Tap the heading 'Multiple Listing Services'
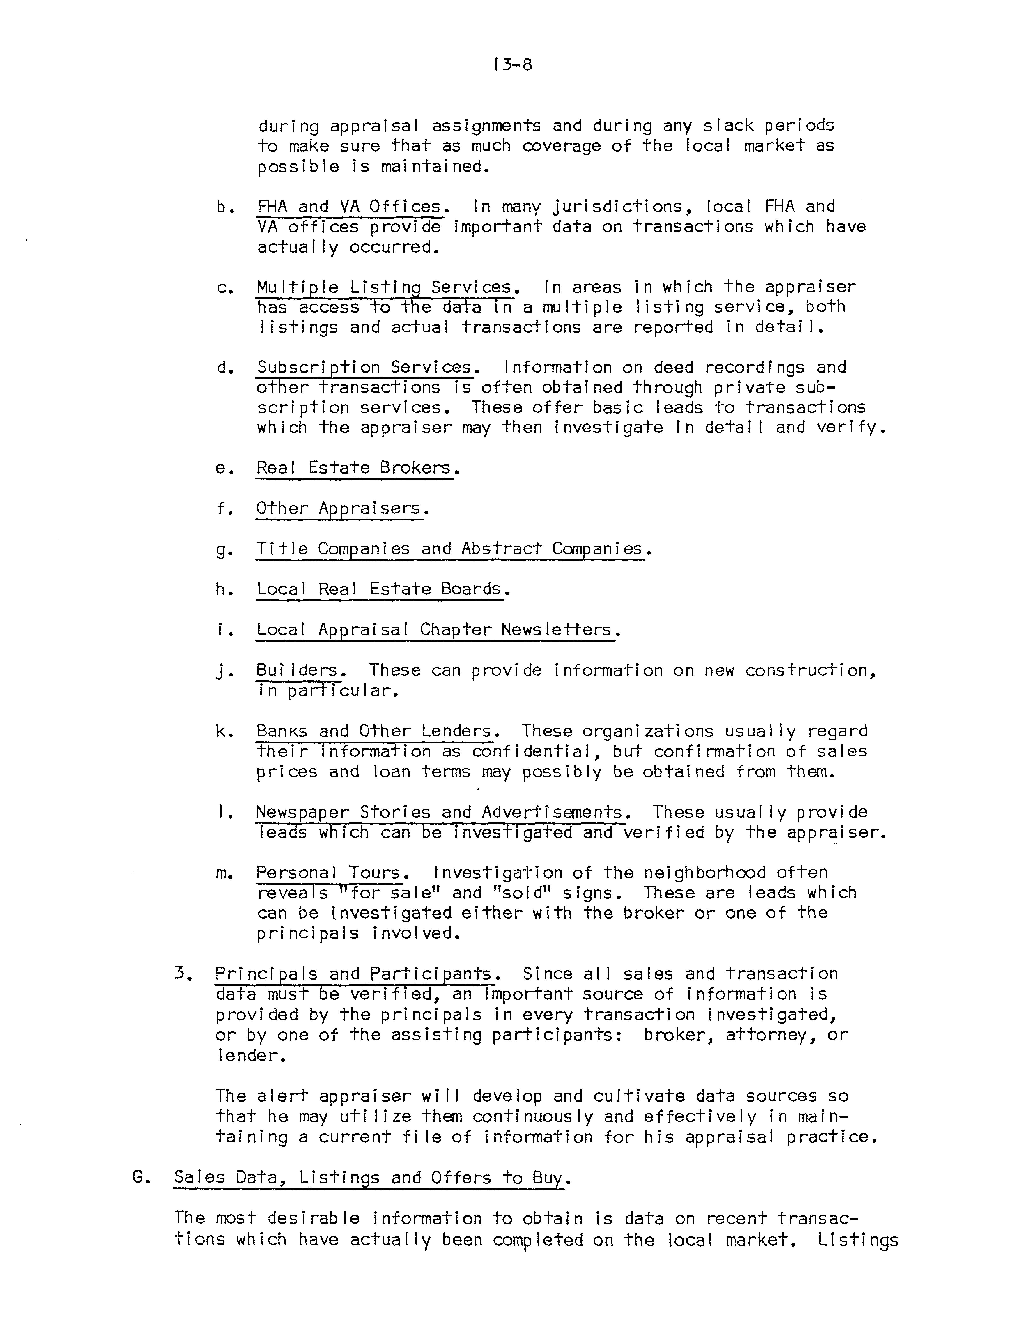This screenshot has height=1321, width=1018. click(x=385, y=287)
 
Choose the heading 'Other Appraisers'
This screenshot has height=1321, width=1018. click(x=339, y=509)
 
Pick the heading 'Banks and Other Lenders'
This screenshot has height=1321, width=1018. click(x=374, y=731)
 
